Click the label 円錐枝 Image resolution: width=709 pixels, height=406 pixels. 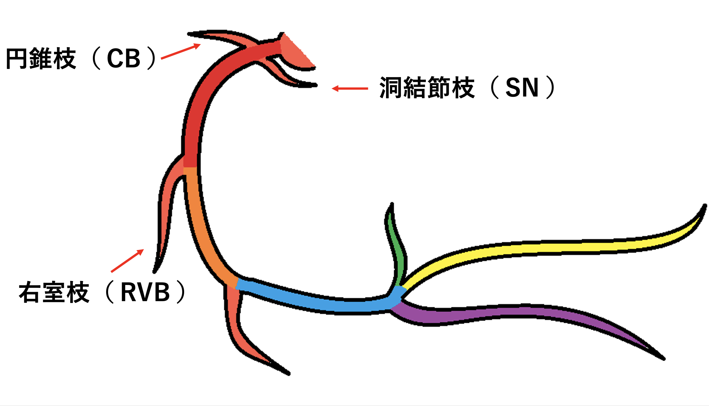point(41,59)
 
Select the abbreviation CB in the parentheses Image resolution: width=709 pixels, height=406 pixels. point(124,59)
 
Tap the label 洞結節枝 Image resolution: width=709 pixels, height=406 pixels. point(427,88)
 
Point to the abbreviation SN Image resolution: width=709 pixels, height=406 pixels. point(522,88)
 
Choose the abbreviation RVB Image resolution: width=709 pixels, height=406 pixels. point(145,292)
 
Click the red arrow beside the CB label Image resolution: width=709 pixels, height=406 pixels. point(181,52)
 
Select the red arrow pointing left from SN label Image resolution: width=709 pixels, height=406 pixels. point(350,88)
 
